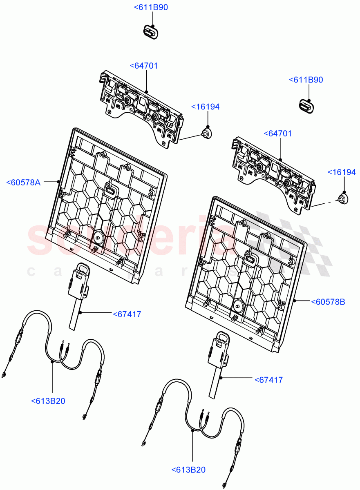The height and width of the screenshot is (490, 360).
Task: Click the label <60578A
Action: click(23, 183)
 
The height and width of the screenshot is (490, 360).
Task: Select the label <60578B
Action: click(328, 302)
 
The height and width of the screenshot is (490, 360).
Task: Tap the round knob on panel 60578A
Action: click(98, 236)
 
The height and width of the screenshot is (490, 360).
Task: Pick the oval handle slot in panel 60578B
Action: click(250, 258)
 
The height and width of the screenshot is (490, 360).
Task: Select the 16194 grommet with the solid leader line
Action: click(208, 133)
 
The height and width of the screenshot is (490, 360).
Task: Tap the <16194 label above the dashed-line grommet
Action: click(342, 173)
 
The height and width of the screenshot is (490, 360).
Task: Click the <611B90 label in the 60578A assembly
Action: click(151, 7)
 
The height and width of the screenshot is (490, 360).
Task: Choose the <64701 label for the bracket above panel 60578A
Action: click(144, 66)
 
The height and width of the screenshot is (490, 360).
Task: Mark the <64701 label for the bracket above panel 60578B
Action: click(278, 134)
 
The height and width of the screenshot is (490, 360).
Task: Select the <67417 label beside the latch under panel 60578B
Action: click(268, 380)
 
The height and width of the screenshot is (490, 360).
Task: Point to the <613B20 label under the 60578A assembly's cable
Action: click(48, 401)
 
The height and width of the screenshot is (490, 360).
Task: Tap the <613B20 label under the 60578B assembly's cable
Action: click(188, 470)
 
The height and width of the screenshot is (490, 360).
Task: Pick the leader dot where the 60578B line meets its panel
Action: click(295, 301)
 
